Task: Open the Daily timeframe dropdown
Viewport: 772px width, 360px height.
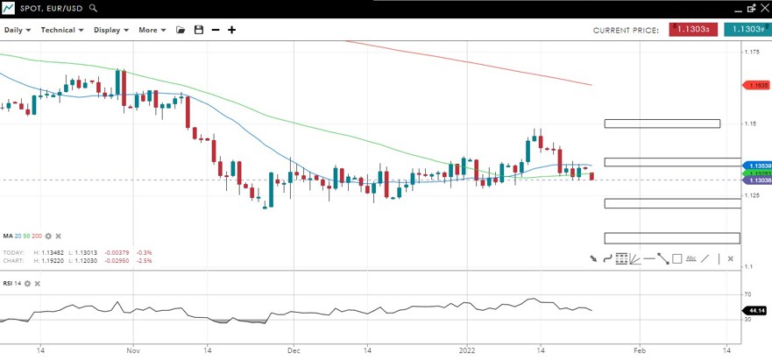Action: click(17, 30)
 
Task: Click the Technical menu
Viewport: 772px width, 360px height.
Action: click(61, 30)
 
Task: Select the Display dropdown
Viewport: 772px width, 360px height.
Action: click(110, 30)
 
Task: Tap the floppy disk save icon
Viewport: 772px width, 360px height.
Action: click(199, 30)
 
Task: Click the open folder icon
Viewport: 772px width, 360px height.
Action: click(181, 30)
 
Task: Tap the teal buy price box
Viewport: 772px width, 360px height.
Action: click(747, 29)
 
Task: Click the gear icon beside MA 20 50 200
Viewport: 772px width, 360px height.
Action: click(48, 236)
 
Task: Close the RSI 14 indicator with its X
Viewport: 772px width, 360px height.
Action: click(38, 283)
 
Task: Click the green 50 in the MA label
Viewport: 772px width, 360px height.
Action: click(27, 236)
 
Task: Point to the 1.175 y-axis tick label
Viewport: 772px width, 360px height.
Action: click(751, 52)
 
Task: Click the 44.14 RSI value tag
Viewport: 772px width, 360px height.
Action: click(755, 311)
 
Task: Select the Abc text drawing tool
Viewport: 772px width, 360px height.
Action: click(691, 258)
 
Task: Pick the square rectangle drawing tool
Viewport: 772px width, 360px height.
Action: click(677, 258)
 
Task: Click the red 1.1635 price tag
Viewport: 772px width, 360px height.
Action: click(757, 85)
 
